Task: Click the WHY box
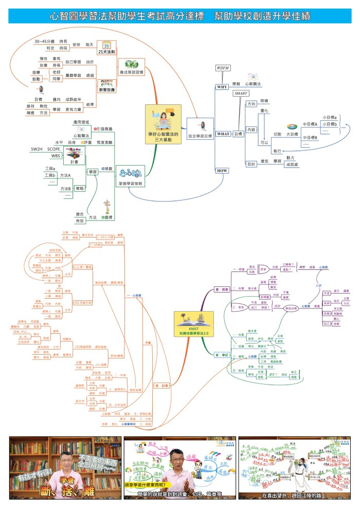[222, 87]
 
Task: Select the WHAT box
[223, 134]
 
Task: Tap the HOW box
[222, 170]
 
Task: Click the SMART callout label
[241, 94]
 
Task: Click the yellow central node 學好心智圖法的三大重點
[163, 124]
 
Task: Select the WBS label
[55, 156]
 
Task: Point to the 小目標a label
[329, 118]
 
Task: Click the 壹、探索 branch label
[222, 290]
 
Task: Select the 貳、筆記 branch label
[222, 355]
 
